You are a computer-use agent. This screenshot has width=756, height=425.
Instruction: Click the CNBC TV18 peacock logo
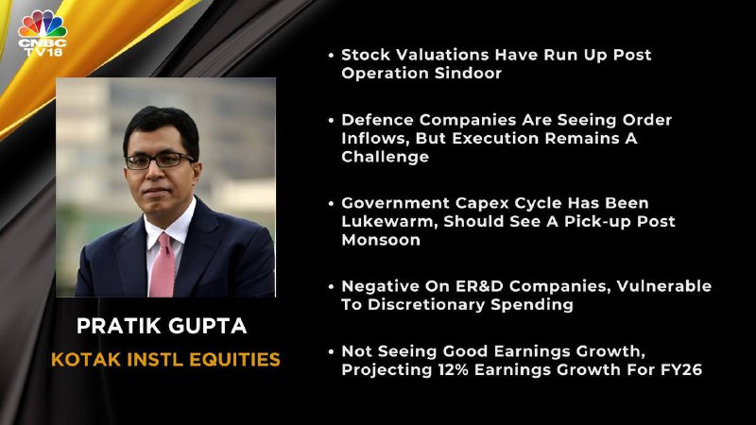[43, 33]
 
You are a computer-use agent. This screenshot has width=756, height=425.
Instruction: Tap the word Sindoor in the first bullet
[468, 74]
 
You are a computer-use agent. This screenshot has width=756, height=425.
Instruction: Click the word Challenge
[386, 157]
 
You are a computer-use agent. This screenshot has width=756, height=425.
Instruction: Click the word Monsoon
[381, 240]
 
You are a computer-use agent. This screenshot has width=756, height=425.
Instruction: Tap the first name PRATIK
[125, 326]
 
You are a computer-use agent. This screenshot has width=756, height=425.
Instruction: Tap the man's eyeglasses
[160, 160]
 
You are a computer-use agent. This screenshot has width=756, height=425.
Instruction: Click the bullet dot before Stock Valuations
[331, 56]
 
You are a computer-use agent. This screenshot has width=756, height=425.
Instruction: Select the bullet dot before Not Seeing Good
[331, 352]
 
